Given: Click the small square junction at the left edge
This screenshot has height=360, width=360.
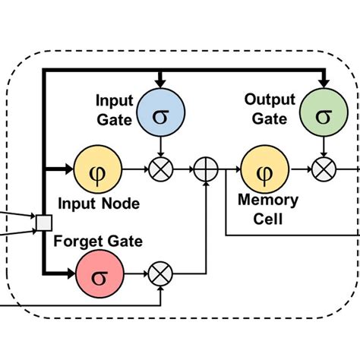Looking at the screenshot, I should (x=44, y=223).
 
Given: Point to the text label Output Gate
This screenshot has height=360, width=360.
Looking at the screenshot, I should (x=265, y=108).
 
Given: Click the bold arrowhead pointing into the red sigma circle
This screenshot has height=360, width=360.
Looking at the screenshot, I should (x=71, y=273).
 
